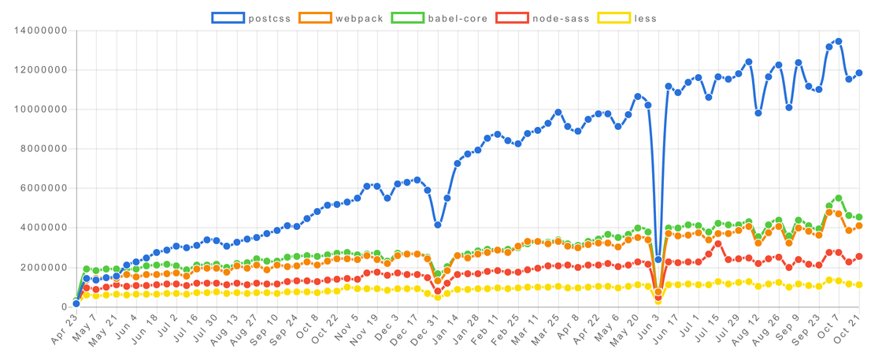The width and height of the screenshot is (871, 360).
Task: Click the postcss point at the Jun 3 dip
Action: (x=658, y=259)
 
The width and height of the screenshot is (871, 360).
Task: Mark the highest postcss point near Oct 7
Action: (x=838, y=41)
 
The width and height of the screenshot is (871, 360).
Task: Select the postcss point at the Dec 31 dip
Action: (x=437, y=225)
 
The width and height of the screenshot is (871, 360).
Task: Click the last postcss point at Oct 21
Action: (x=858, y=73)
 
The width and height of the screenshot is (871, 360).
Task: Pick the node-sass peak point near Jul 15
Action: (x=718, y=243)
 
